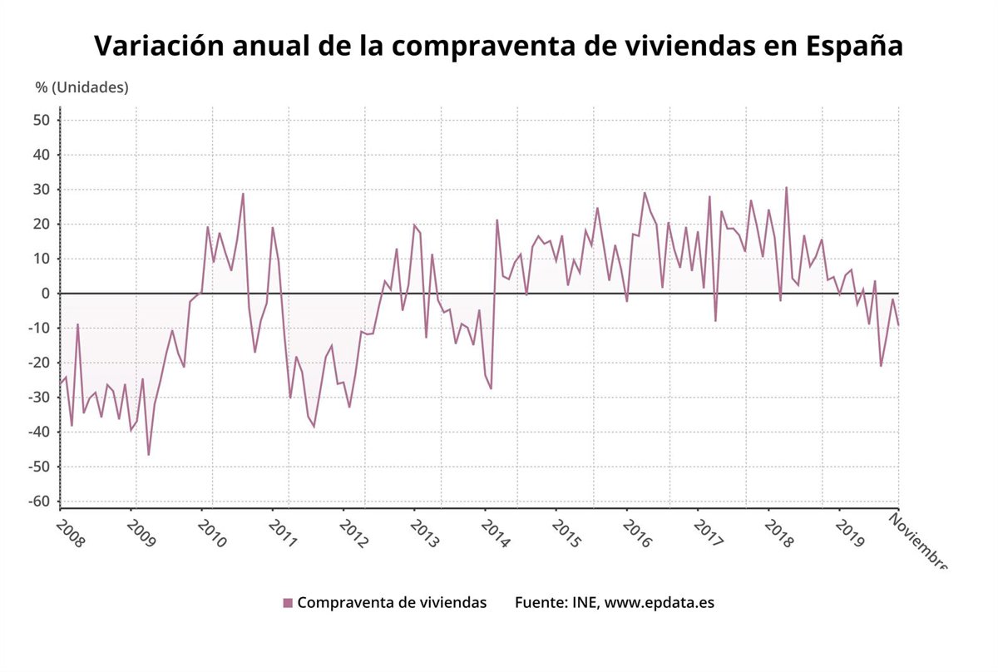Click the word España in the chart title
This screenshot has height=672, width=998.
(x=855, y=47)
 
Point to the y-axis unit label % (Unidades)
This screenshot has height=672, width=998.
(x=82, y=87)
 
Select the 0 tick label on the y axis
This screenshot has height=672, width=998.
(x=47, y=294)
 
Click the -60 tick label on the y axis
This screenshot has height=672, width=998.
(x=40, y=502)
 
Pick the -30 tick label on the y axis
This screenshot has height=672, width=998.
(x=40, y=398)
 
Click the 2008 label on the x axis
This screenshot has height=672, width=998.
(x=70, y=532)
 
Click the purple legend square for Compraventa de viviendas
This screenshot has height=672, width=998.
(x=288, y=603)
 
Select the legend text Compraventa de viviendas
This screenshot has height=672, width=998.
(x=392, y=603)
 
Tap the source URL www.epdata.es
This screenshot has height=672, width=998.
(x=659, y=603)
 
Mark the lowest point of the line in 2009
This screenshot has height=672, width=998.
(x=149, y=455)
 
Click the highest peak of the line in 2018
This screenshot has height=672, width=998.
(x=786, y=187)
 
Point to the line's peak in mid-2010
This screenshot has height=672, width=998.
(x=243, y=194)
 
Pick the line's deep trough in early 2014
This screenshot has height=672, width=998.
(x=491, y=388)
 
